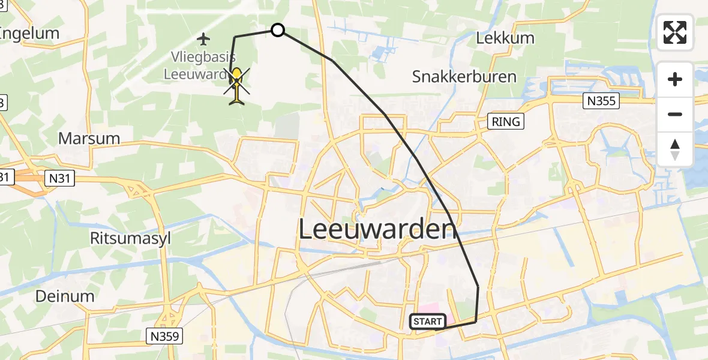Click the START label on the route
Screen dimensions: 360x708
(428, 322)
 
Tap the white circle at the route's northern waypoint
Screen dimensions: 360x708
(277, 29)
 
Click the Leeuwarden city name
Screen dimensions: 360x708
(374, 229)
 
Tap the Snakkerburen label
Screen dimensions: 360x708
(464, 77)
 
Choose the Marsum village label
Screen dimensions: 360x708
(89, 138)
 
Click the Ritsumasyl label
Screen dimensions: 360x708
(130, 238)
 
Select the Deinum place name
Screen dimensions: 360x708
(64, 296)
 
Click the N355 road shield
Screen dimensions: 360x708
(601, 101)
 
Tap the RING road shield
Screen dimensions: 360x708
(506, 122)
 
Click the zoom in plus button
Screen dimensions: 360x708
(675, 79)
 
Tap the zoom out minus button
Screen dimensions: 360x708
(675, 114)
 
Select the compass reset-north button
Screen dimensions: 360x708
(675, 149)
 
